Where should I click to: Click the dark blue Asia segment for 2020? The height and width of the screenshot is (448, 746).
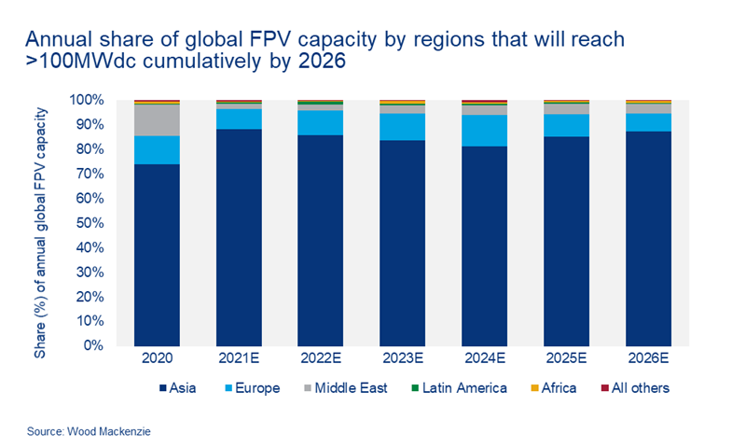point(157,254)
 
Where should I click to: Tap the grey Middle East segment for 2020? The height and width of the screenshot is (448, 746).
point(157,119)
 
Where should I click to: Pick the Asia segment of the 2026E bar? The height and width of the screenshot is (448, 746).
point(647,238)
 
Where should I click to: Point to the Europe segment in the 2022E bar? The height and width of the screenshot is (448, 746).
point(320,122)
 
